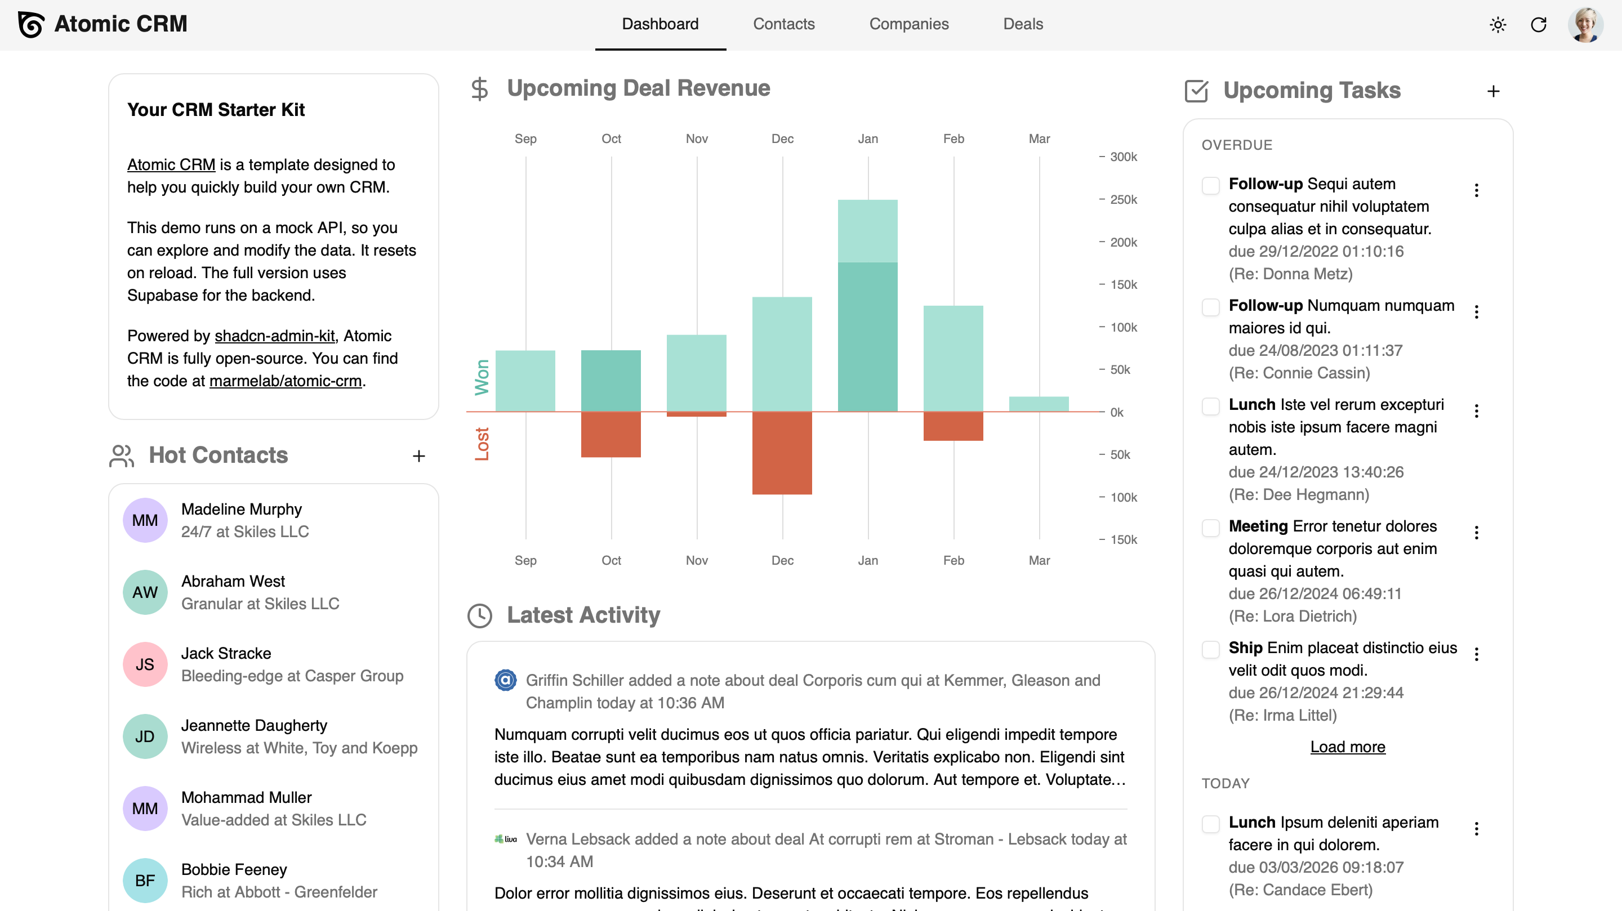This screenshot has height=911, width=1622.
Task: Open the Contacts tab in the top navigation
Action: [x=783, y=24]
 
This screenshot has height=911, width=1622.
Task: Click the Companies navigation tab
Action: [x=908, y=24]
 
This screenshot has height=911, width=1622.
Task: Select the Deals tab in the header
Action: [x=1023, y=24]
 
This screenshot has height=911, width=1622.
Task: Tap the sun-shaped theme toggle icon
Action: [x=1498, y=25]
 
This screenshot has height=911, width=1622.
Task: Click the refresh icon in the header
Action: [x=1538, y=25]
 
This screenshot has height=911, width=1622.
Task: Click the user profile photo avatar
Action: [x=1585, y=25]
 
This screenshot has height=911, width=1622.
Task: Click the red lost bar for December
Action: [x=782, y=453]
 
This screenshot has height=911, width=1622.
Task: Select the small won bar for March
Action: [x=1039, y=404]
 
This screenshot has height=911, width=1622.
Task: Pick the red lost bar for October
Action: [x=611, y=435]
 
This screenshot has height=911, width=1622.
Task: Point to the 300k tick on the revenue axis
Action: [x=1122, y=157]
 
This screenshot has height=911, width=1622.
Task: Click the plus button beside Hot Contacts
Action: [x=418, y=456]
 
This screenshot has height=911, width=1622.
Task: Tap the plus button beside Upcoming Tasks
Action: [x=1493, y=91]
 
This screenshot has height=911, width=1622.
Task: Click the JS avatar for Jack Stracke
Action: [x=145, y=664]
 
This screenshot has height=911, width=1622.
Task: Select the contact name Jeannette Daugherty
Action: [x=254, y=725]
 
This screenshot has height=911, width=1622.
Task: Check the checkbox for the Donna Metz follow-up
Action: [x=1210, y=185]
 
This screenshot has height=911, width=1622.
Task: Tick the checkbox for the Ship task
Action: [x=1210, y=649]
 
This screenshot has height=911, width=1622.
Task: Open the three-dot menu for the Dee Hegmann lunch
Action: [x=1476, y=411]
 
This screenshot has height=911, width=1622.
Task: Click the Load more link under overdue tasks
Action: [x=1348, y=747]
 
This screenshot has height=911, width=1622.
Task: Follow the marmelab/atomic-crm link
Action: [x=285, y=381]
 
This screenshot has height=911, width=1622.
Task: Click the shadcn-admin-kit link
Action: [x=274, y=336]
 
